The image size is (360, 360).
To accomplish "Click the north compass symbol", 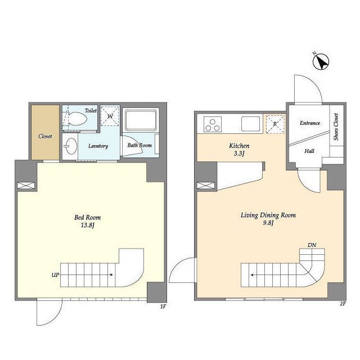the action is coord(321,61).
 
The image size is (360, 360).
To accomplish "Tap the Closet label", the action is coord(45,136).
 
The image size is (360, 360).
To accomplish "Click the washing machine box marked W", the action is coord(110,116).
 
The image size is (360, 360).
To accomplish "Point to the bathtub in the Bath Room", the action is coord(141,120).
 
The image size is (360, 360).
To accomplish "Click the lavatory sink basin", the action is coord(71,146).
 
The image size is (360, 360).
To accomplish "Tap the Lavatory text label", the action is coord(98,146).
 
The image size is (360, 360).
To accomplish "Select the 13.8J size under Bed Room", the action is coord(88,225).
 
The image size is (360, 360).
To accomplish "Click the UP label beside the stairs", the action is coord(55,275).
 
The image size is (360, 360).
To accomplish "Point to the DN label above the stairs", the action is coord(312,245).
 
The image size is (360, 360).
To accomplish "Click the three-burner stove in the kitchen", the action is coord(213,124).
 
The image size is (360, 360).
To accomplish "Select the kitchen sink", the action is coord(250,124).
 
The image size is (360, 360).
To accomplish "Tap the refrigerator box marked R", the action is coord(275,124).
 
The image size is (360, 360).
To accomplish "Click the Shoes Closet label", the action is coord(336,127).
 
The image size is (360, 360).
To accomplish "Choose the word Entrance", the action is coord(310,123).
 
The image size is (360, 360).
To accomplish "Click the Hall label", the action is coord(309,151).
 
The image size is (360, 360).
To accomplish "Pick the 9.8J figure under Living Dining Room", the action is coord(268,223).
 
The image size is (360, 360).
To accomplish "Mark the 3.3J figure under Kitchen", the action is coord(239,154).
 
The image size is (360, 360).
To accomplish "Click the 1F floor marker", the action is coord(163,307).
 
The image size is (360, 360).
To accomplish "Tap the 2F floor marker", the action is coord(343,304).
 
